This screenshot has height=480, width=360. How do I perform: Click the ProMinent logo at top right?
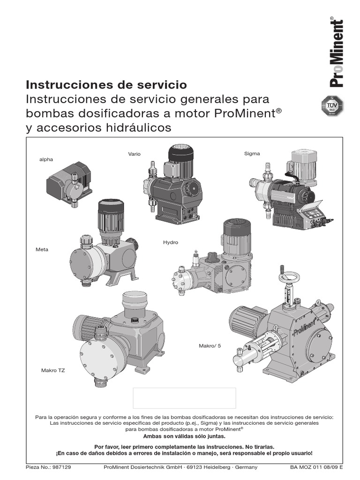tap(337, 52)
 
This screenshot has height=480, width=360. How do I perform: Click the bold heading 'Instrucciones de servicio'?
tap(106, 85)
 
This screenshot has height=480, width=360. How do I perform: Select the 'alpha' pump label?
tap(46, 160)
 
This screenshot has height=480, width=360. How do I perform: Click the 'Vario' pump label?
tap(135, 154)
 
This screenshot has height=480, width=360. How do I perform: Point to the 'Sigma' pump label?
tap(252, 153)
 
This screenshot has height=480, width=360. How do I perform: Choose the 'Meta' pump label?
tap(42, 249)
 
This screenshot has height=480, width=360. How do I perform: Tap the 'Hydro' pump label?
tap(171, 242)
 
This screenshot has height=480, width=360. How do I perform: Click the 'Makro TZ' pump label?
tap(53, 370)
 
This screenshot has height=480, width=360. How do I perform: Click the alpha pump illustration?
tap(69, 182)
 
